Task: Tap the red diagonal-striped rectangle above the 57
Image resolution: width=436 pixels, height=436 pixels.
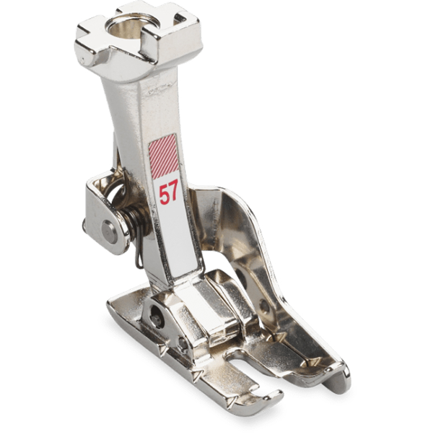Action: coord(164,155)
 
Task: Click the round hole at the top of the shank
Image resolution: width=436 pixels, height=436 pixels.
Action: coord(127,26)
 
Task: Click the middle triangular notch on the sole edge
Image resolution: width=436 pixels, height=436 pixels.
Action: coord(197,375)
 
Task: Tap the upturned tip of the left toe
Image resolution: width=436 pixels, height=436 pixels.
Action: coord(274,398)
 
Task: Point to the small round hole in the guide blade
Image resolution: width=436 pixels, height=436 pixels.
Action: coord(264,307)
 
